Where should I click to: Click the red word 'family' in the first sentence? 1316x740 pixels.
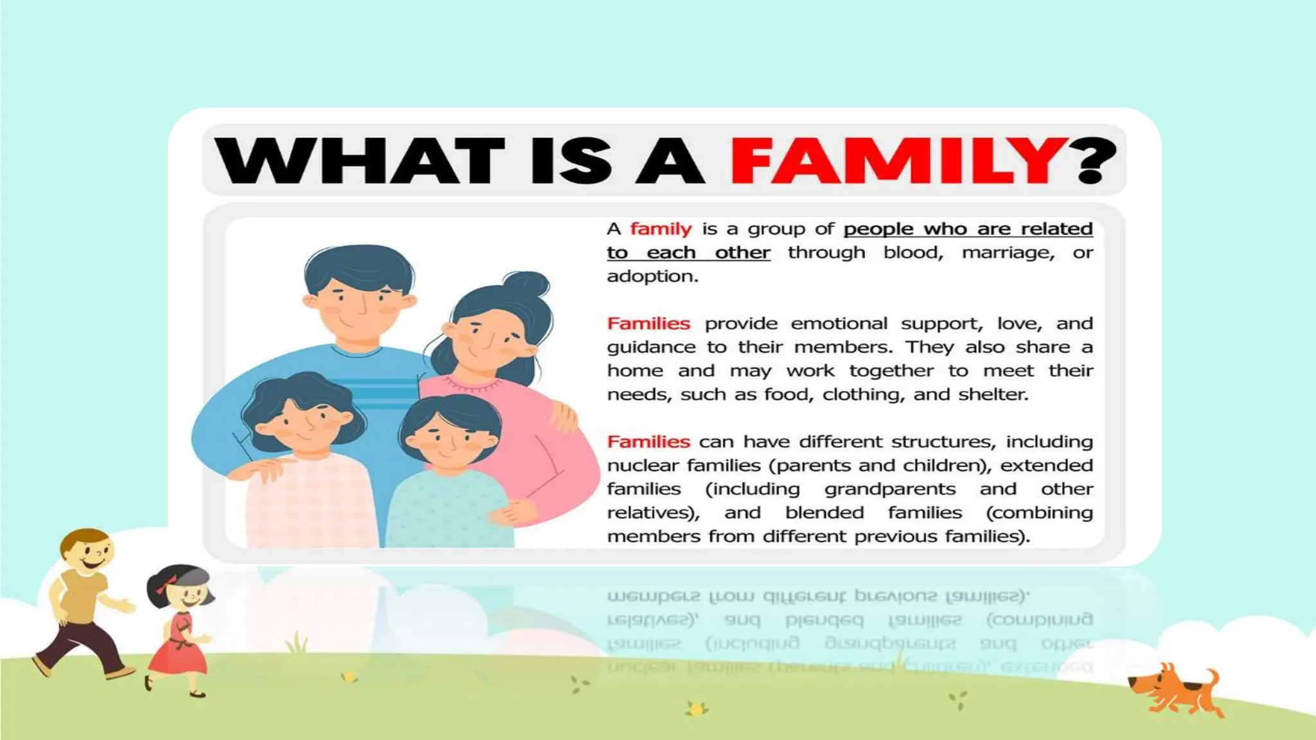coord(661,229)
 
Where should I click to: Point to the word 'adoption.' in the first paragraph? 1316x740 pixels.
coord(652,277)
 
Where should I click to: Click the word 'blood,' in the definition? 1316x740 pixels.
coord(913,252)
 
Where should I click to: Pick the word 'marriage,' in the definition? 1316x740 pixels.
coord(1008,252)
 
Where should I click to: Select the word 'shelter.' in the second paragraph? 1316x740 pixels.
coord(993,394)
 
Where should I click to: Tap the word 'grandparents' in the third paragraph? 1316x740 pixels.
coord(890,489)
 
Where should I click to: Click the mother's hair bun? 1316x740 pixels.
coord(527,285)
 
